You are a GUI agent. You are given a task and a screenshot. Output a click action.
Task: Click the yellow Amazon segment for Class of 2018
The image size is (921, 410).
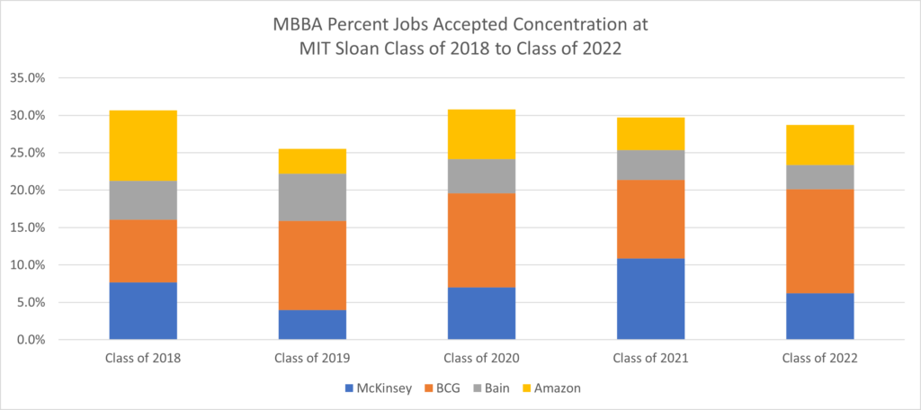click(142, 146)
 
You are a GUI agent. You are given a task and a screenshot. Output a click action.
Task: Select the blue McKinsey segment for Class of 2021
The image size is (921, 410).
click(650, 299)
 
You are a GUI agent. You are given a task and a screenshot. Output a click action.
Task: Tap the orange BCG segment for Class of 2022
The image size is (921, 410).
click(819, 241)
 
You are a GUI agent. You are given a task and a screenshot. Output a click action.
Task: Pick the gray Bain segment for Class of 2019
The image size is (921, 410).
click(312, 197)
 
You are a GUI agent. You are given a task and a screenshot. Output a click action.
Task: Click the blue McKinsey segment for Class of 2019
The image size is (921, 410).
click(312, 325)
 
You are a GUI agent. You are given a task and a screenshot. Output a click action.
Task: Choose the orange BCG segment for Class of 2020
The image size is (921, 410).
click(481, 240)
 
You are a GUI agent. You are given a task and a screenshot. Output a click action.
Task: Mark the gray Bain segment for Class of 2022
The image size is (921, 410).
click(819, 177)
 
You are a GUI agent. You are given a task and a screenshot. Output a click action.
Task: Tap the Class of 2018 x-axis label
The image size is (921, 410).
click(142, 358)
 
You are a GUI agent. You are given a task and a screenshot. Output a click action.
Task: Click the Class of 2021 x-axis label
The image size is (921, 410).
click(650, 358)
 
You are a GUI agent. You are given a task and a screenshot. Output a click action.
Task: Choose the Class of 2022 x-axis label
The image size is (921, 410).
click(819, 358)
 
